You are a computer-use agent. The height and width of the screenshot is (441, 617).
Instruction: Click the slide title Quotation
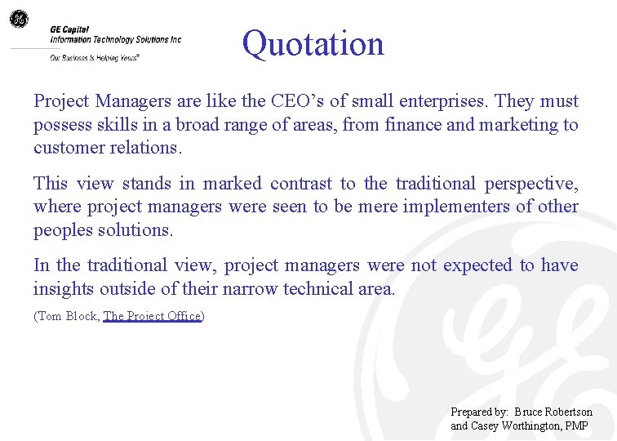pos(313,43)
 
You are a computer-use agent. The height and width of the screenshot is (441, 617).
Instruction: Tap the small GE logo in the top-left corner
pos(18,19)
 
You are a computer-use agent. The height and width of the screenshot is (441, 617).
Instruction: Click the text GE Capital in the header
pos(69,29)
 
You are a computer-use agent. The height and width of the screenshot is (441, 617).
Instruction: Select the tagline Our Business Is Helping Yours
pos(94,58)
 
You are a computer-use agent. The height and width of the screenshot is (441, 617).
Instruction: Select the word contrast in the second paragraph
pos(301,183)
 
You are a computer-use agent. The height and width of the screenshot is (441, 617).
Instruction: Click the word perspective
pos(531,183)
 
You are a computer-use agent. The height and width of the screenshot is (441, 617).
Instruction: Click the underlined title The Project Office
pos(152,316)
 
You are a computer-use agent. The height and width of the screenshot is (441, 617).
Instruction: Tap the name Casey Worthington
pos(515,425)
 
